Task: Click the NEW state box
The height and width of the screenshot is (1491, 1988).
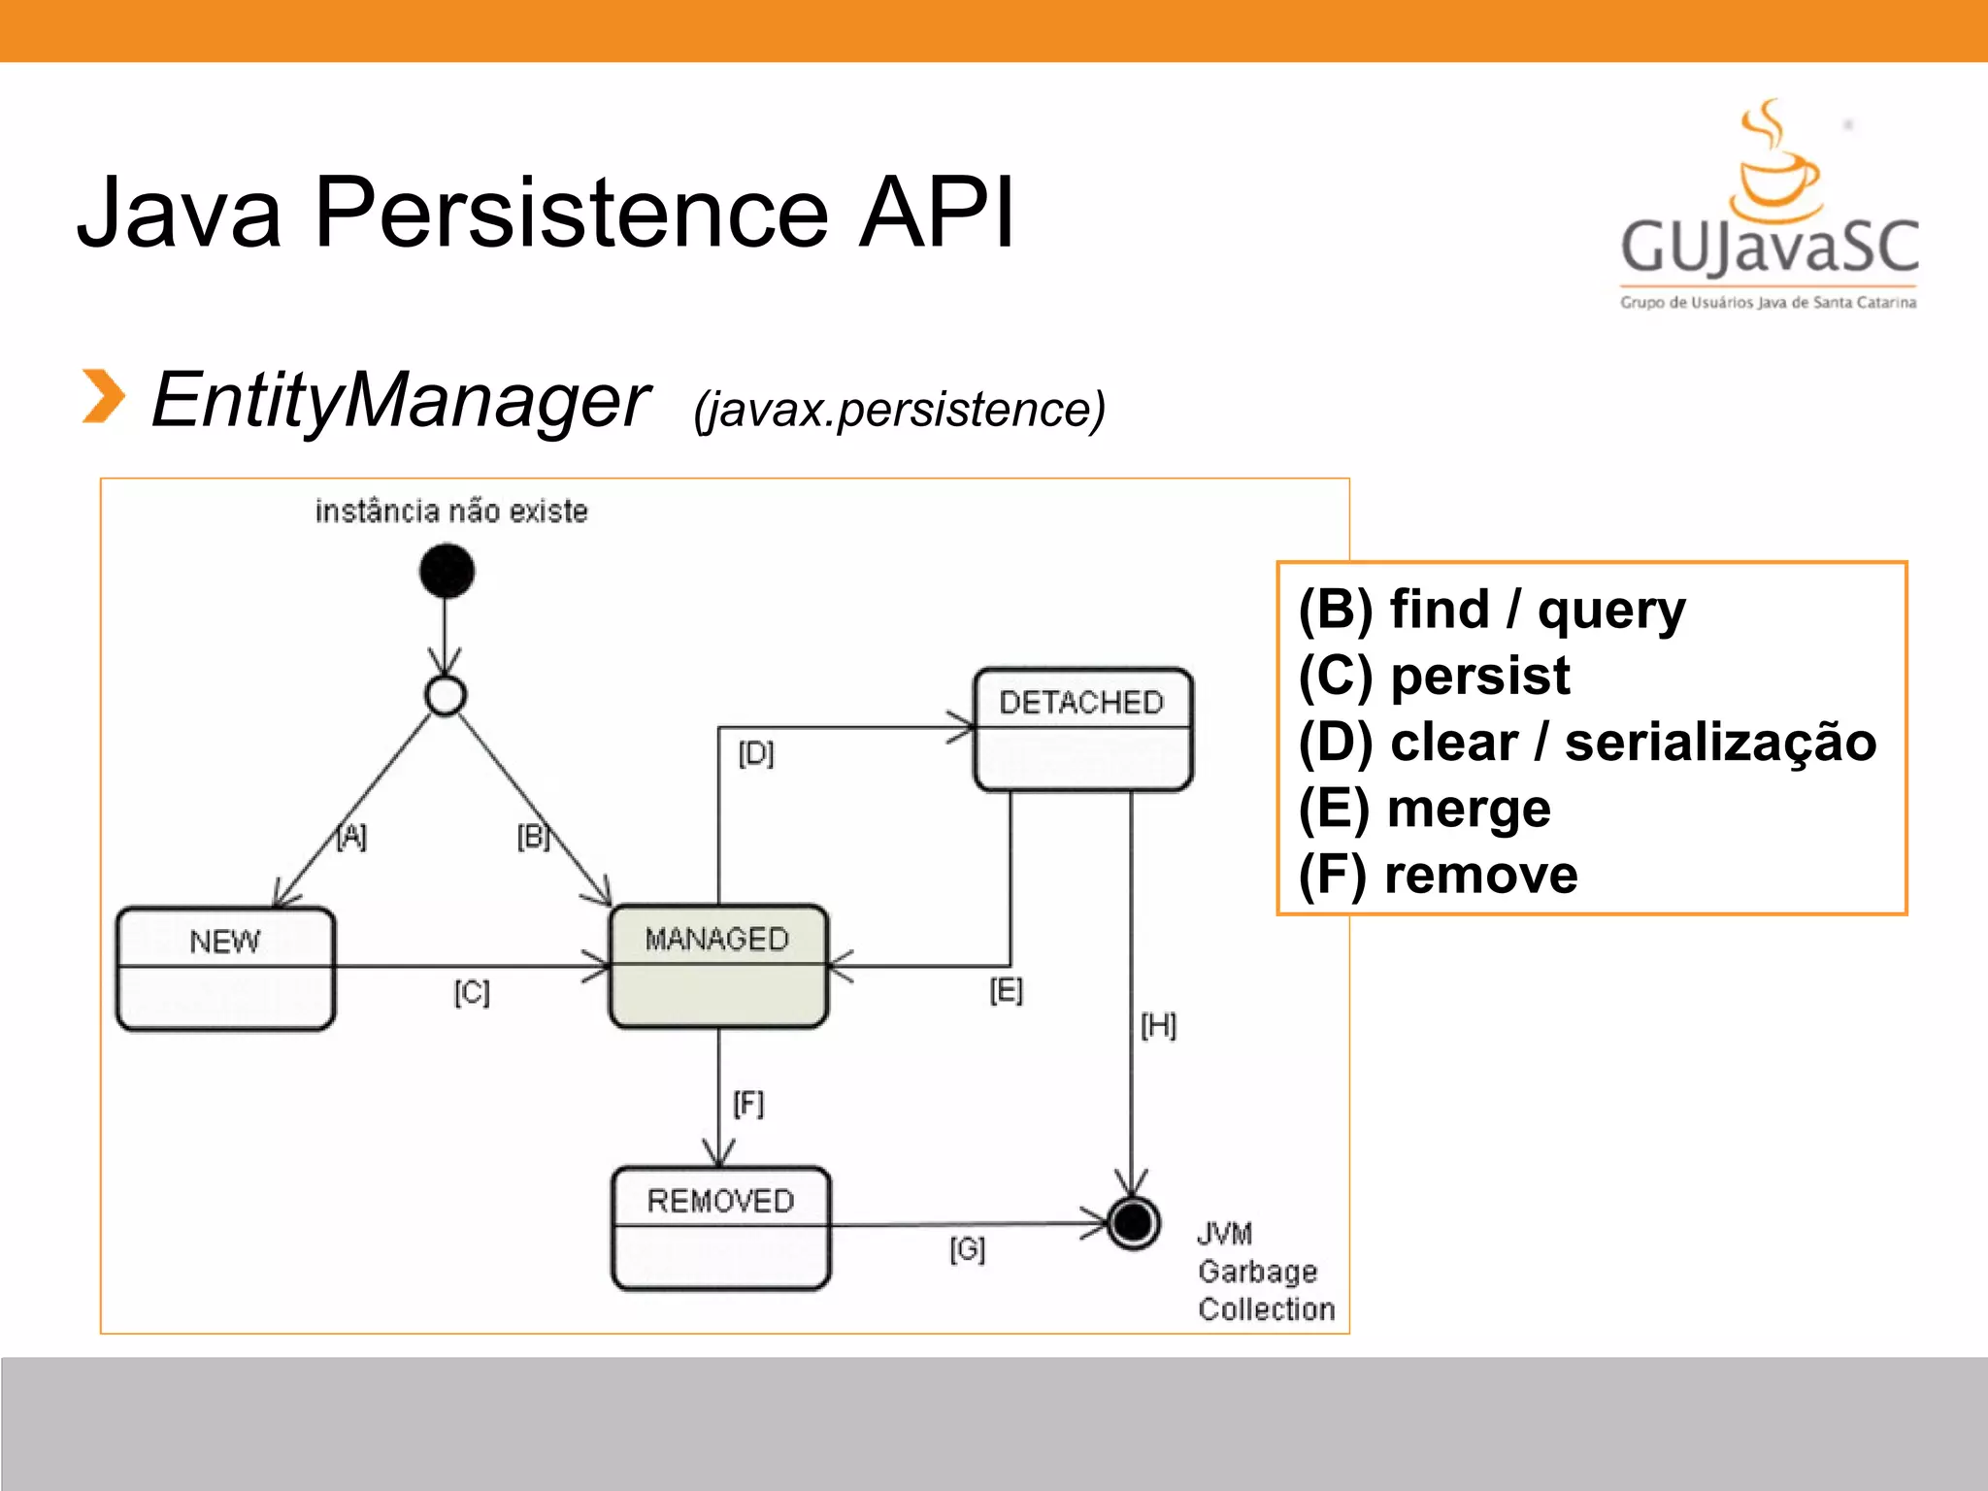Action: pyautogui.click(x=225, y=968)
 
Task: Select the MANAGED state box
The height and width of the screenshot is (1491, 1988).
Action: pyautogui.click(x=718, y=966)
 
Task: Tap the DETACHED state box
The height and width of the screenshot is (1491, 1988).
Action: pyautogui.click(x=1083, y=729)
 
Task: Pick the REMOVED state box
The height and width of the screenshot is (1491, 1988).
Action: pyautogui.click(x=721, y=1228)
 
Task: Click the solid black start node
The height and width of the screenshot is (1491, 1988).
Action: pyautogui.click(x=447, y=571)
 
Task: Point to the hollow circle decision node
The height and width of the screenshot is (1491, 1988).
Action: pyautogui.click(x=446, y=695)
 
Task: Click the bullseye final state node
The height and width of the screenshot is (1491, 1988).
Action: pyautogui.click(x=1133, y=1222)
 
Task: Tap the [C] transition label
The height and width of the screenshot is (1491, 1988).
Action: pyautogui.click(x=472, y=992)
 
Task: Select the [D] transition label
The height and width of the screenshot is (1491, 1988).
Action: pyautogui.click(x=756, y=753)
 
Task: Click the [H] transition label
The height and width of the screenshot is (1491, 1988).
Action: pyautogui.click(x=1158, y=1025)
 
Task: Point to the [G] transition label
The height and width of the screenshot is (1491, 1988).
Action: pyautogui.click(x=967, y=1248)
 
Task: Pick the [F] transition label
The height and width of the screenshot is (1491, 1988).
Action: pyautogui.click(x=748, y=1104)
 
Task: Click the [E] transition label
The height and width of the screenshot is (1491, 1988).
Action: pyautogui.click(x=1006, y=991)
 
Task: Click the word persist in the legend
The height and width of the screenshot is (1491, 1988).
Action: pyautogui.click(x=1479, y=677)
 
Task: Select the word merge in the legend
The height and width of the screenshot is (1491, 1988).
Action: pyautogui.click(x=1469, y=810)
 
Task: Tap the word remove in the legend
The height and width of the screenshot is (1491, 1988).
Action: pyautogui.click(x=1480, y=875)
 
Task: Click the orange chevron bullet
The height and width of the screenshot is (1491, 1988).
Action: pyautogui.click(x=103, y=397)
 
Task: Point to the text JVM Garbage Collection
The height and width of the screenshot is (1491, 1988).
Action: pyautogui.click(x=1264, y=1272)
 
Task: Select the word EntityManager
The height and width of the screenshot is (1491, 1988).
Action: pyautogui.click(x=400, y=400)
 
